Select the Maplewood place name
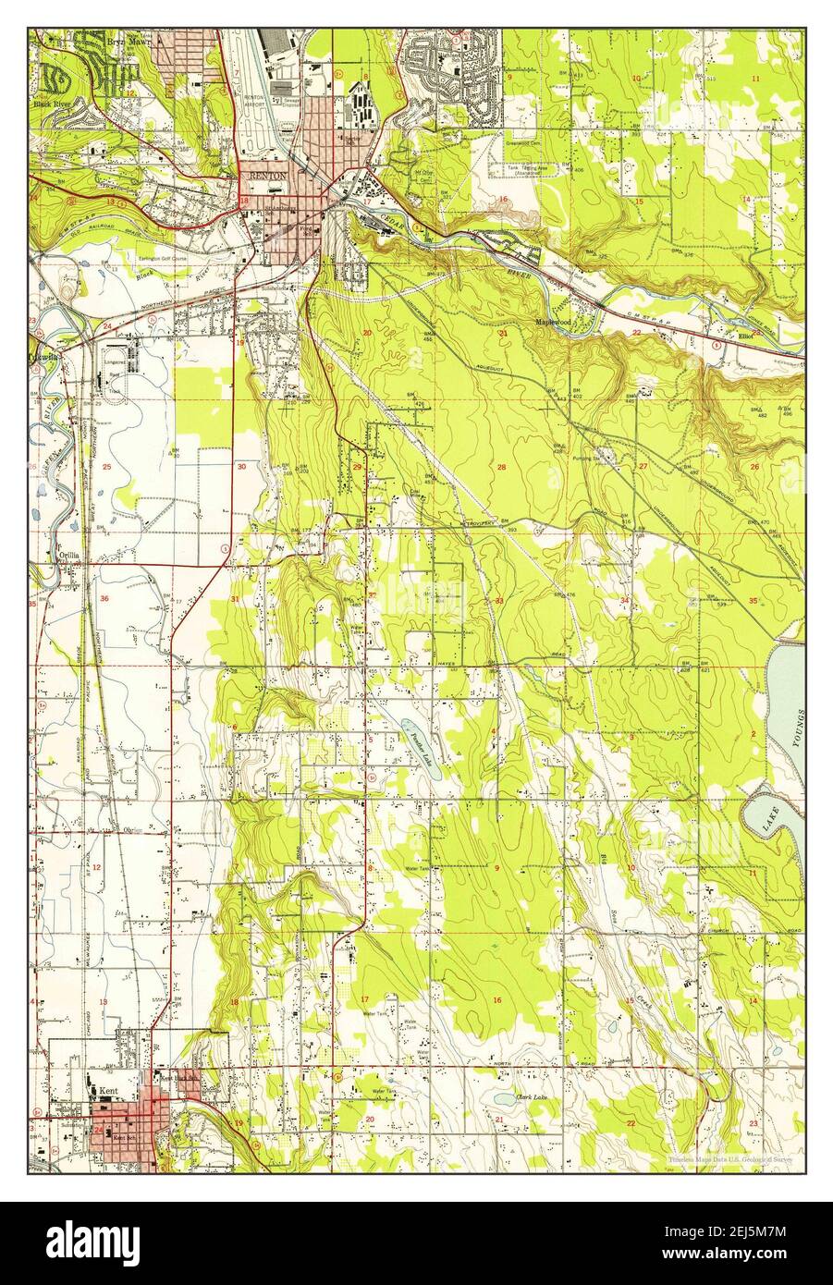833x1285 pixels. (x=553, y=323)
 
